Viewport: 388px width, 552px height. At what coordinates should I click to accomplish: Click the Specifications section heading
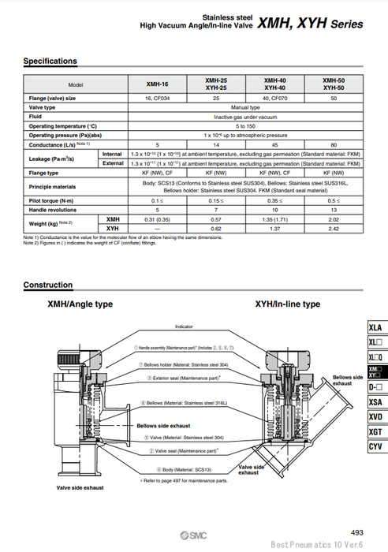(x=50, y=61)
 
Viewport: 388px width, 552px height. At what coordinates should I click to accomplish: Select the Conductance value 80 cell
(x=334, y=144)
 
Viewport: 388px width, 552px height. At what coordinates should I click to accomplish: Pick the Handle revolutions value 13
(x=334, y=210)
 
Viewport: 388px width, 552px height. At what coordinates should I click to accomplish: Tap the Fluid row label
(x=37, y=116)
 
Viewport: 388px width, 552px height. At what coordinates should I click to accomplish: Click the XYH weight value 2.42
(x=334, y=228)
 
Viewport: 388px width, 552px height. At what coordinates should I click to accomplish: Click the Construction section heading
(x=47, y=285)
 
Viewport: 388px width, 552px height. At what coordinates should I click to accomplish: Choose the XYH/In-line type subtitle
(x=287, y=304)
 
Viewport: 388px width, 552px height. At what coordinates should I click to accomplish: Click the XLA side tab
(x=375, y=328)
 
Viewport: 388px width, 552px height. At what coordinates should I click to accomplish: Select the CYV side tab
(x=375, y=446)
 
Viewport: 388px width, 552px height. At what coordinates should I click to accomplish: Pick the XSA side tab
(x=375, y=401)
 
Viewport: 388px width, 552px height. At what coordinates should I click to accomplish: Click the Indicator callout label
(x=184, y=326)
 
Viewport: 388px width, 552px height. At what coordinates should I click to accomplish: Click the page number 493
(x=357, y=533)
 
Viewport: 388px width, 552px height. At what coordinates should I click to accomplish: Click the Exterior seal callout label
(x=183, y=378)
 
